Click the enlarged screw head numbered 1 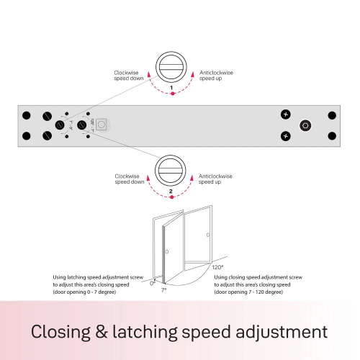[x=171, y=67]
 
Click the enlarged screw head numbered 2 [x=170, y=171]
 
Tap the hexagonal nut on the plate [x=305, y=125]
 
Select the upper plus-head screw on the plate [x=286, y=114]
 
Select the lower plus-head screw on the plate [x=286, y=136]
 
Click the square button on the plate [x=102, y=125]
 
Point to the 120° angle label [x=217, y=267]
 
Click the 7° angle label [x=163, y=290]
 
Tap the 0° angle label [x=153, y=283]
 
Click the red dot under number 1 [x=172, y=94]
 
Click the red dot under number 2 [x=171, y=197]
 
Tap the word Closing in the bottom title [x=60, y=332]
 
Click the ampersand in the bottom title [x=102, y=332]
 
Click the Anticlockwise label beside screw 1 [x=216, y=73]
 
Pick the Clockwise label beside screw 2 [x=127, y=176]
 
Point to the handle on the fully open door [x=208, y=235]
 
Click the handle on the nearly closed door [x=167, y=251]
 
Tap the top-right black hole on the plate [x=332, y=115]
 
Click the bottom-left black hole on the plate [x=27, y=136]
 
